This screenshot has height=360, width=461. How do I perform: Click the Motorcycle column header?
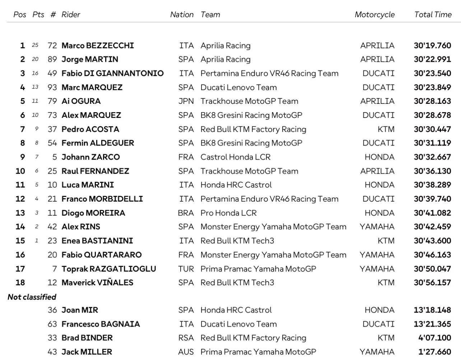[x=374, y=15]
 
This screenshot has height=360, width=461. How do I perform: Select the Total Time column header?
[x=433, y=15]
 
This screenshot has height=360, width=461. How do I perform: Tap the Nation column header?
[x=182, y=15]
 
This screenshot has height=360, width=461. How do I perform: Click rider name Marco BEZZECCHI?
[x=98, y=46]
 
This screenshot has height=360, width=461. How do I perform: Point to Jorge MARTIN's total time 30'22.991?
[x=432, y=59]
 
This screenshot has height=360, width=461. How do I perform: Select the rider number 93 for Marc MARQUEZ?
[x=52, y=87]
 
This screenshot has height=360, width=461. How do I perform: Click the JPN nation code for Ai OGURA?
[x=186, y=101]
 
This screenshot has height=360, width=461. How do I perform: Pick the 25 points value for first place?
[x=35, y=46]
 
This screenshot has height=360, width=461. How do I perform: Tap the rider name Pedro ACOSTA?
[x=90, y=129]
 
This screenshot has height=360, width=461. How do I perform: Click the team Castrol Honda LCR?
[x=235, y=157]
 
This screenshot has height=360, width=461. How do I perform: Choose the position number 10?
[x=20, y=171]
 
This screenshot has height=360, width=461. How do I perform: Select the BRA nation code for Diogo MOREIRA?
[x=186, y=213]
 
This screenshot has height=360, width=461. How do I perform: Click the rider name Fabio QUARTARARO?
[x=102, y=255]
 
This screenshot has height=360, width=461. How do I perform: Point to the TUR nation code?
[x=186, y=269]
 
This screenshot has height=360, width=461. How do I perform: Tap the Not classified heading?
[x=32, y=297]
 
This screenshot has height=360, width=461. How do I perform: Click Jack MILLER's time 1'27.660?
[x=434, y=352]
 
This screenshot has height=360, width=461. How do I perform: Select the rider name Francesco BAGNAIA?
[x=101, y=324]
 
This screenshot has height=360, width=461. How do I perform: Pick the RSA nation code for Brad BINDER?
[x=186, y=338]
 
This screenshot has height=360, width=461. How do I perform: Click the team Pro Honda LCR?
[x=228, y=213]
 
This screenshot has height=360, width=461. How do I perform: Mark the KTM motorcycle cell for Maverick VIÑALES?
[x=386, y=283]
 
